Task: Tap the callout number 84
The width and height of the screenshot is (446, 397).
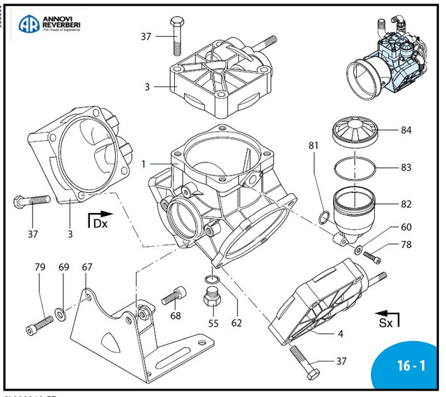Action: pos(406,130)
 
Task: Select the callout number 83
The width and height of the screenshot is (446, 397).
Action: pos(406,168)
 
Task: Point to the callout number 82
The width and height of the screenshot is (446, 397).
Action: pos(406,205)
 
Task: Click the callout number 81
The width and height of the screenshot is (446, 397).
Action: pos(313,146)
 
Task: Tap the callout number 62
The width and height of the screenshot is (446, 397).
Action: pos(236,323)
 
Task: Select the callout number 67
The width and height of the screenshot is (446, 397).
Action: pos(87,266)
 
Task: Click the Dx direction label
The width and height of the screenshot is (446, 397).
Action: pos(102,224)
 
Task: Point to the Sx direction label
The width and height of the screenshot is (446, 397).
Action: pos(385,323)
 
